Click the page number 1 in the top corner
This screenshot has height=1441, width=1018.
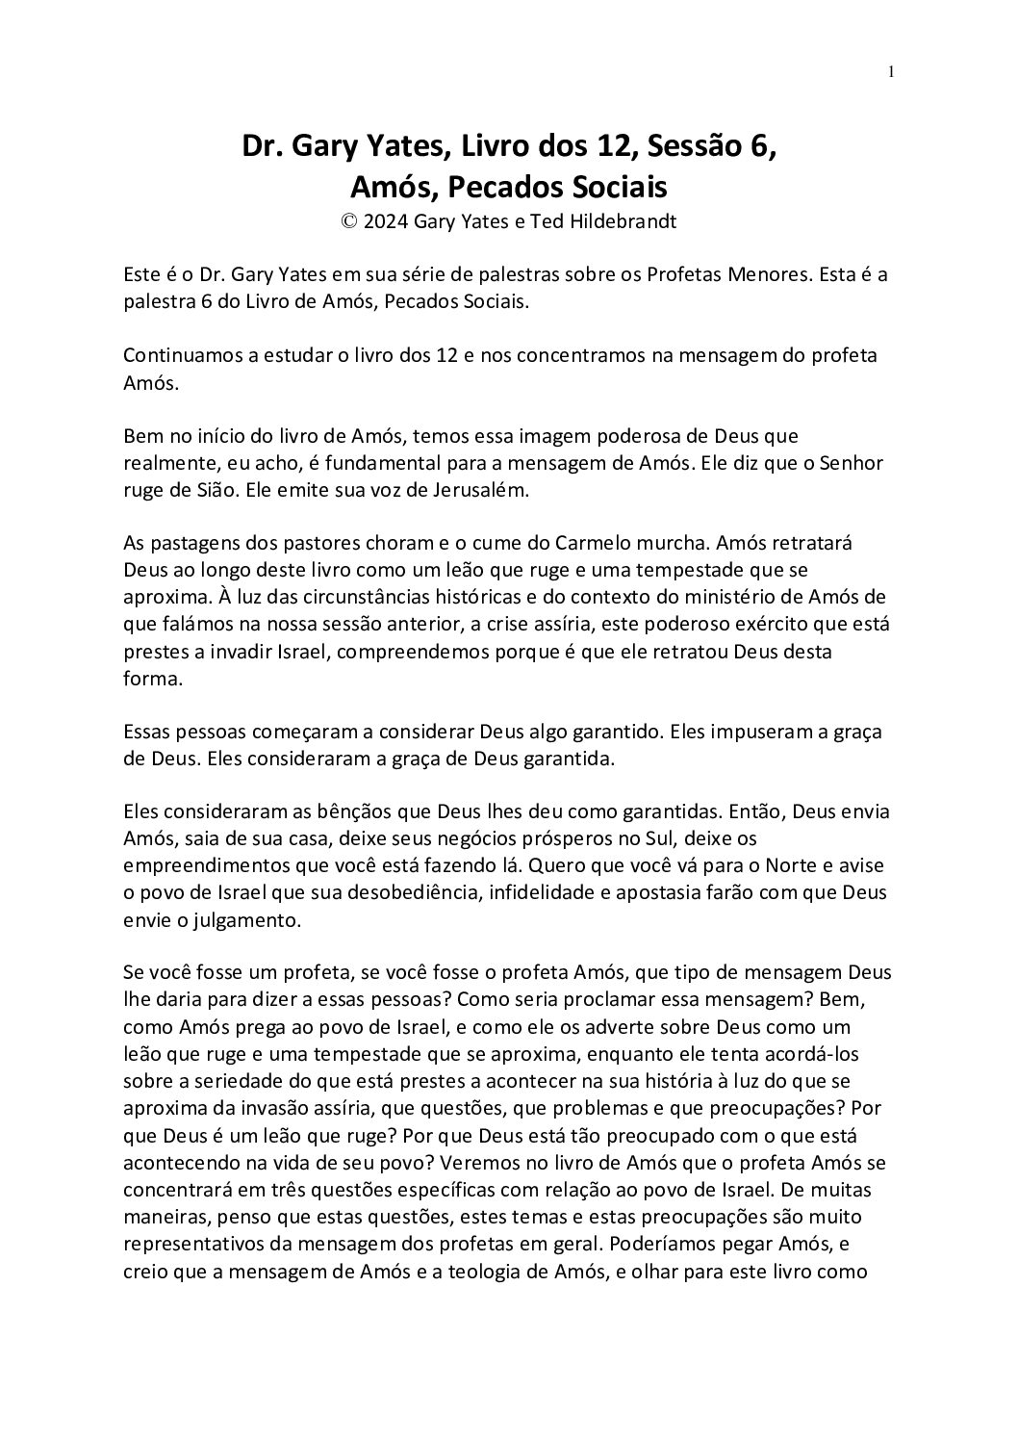coord(891,71)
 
